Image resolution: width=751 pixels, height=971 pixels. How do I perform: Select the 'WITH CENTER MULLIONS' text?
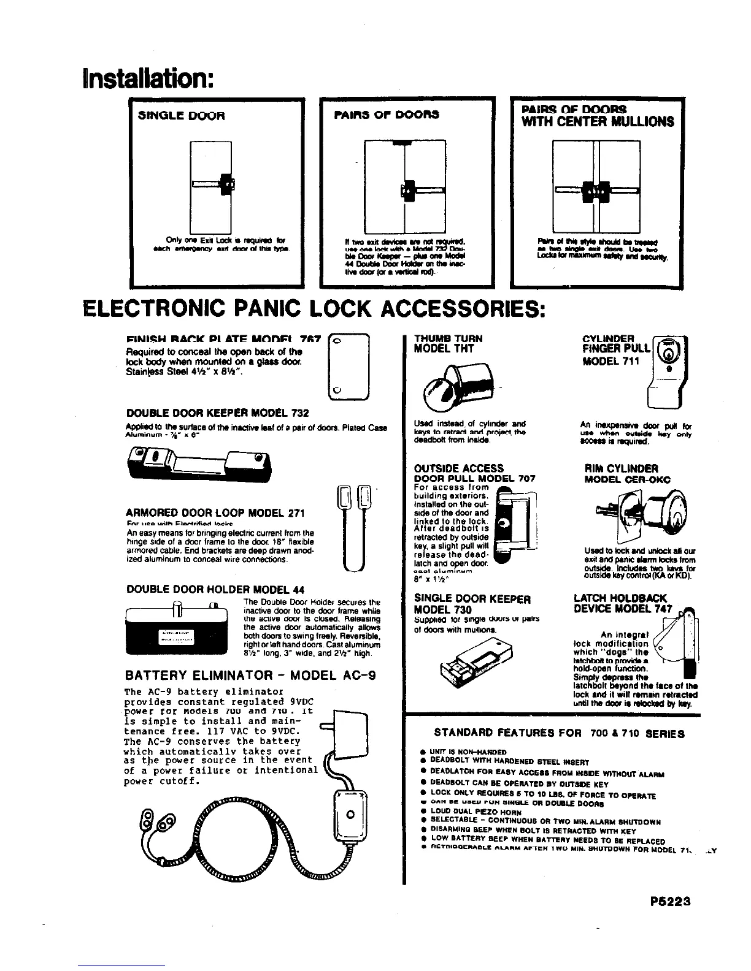point(598,121)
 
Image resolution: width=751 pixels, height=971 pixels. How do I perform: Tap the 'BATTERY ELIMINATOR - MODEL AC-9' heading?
point(250,676)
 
